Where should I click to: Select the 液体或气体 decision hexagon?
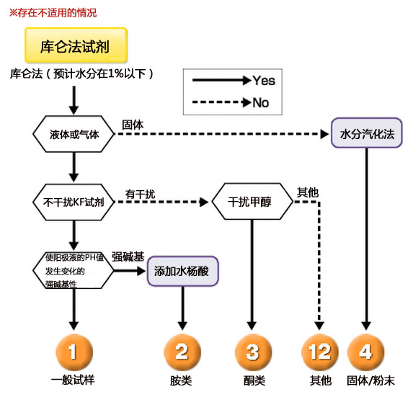click(x=74, y=135)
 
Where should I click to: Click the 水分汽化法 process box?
click(x=367, y=134)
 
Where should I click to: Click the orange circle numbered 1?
click(x=74, y=352)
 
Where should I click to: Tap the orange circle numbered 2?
click(x=182, y=352)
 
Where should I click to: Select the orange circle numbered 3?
click(x=252, y=352)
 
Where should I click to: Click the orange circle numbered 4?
click(x=365, y=352)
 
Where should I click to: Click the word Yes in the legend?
click(x=264, y=81)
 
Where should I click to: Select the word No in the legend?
click(x=261, y=103)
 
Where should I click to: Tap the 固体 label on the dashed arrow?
click(x=133, y=125)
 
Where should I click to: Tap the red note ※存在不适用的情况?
click(x=52, y=12)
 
